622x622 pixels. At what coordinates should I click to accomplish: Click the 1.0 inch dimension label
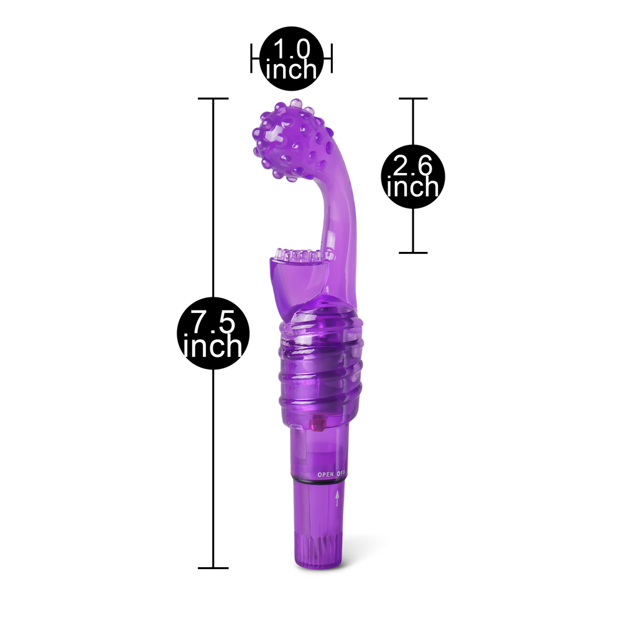pos(292,58)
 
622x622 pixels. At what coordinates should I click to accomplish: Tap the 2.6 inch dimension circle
pos(413,177)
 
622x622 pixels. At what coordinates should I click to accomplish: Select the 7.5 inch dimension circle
pos(213,333)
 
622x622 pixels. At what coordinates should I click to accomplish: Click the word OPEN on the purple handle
pos(326,475)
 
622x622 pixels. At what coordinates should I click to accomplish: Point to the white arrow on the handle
pos(337,498)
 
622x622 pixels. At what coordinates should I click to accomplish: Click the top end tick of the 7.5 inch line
pos(213,98)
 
